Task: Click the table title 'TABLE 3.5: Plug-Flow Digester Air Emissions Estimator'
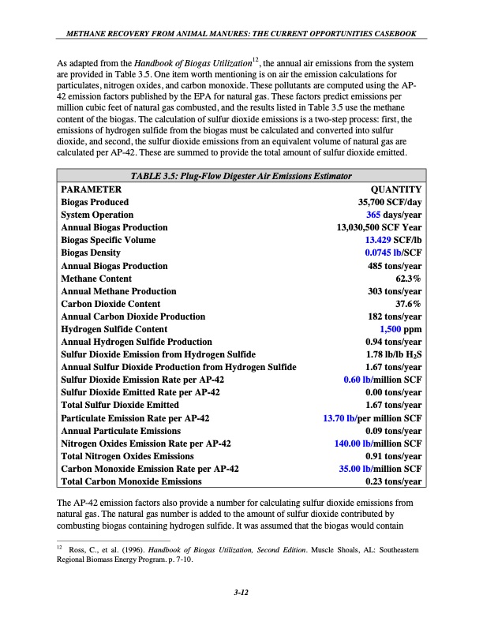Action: click(241, 176)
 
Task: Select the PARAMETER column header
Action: click(91, 189)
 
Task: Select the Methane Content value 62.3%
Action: click(408, 279)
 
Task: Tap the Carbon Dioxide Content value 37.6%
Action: click(408, 304)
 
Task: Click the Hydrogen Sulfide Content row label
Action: click(114, 329)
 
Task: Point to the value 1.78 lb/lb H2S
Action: click(391, 354)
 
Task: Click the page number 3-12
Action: click(241, 593)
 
